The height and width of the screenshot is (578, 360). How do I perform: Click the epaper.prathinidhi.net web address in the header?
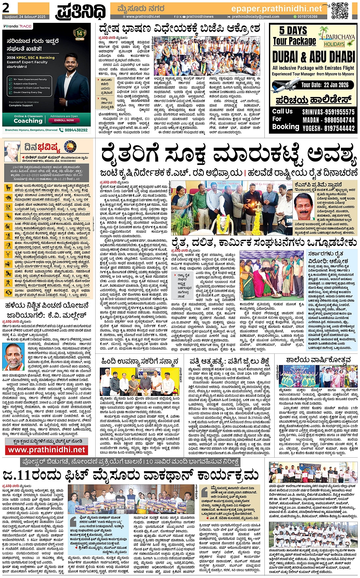pyautogui.click(x=277, y=8)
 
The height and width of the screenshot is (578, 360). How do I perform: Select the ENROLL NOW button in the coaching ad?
pyautogui.click(x=64, y=120)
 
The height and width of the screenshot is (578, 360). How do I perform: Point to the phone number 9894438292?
pyautogui.click(x=76, y=130)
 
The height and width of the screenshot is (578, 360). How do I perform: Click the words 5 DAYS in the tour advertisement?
pyautogui.click(x=293, y=30)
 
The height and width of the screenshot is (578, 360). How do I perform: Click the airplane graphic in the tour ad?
pyautogui.click(x=286, y=84)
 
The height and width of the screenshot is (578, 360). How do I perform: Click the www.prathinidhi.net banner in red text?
pyautogui.click(x=46, y=450)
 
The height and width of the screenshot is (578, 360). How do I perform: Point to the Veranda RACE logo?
pyautogui.click(x=18, y=26)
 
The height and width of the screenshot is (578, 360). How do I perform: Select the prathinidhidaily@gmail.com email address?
pyautogui.click(x=255, y=17)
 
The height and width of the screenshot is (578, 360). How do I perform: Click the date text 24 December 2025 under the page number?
pyautogui.click(x=24, y=17)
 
